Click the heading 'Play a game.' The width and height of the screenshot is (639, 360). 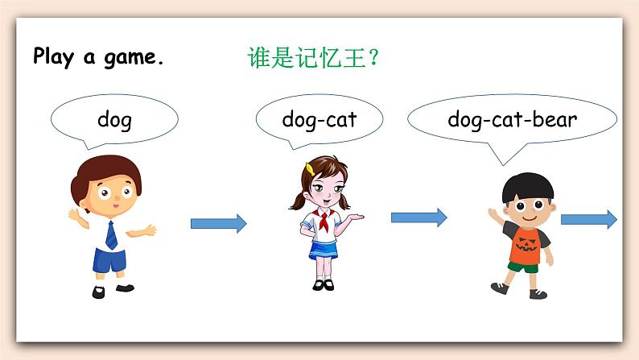[x=98, y=58]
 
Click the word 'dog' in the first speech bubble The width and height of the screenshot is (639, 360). [x=113, y=121]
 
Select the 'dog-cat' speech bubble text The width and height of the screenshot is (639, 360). [x=319, y=121]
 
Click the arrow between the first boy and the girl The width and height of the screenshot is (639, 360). [x=218, y=223]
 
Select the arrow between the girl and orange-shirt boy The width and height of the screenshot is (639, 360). [x=418, y=217]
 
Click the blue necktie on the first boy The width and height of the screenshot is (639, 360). [x=111, y=234]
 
